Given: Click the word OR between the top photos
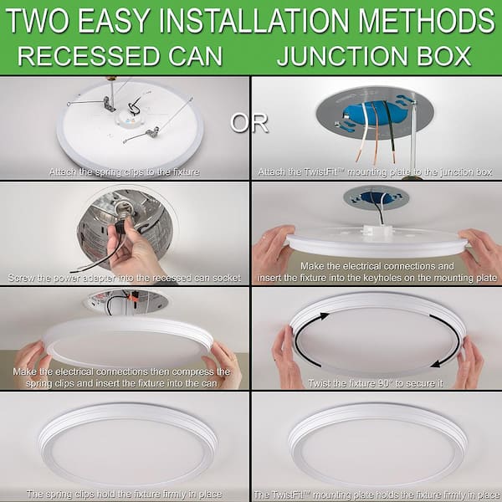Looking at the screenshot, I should (x=249, y=122).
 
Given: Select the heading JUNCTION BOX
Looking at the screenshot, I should (x=374, y=56).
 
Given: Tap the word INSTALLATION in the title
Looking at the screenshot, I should (x=248, y=19).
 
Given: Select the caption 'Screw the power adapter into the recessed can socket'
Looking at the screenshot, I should (x=124, y=277).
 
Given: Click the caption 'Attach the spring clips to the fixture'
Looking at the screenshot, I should (x=124, y=171).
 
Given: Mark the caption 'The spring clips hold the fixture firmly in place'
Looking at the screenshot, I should (x=124, y=494).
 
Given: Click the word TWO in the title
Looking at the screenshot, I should (x=38, y=19).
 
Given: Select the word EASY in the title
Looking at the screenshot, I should (x=115, y=19).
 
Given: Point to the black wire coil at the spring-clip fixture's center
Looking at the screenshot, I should (x=134, y=109).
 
